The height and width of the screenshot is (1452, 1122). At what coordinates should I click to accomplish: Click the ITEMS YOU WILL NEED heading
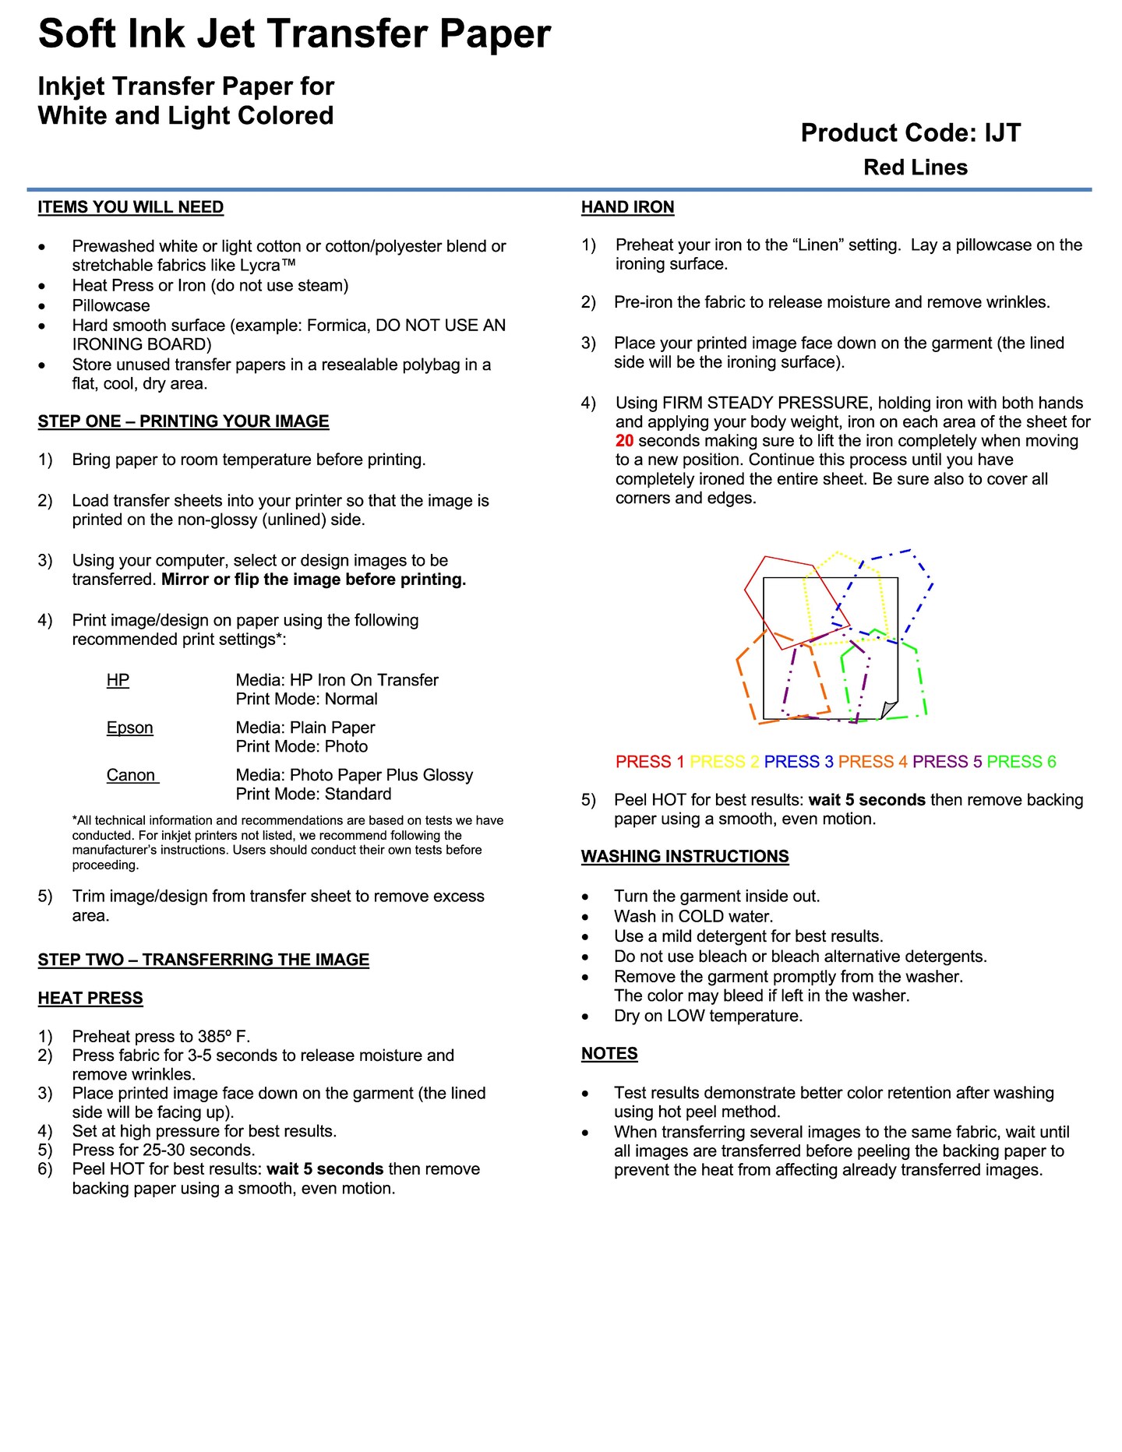(x=131, y=207)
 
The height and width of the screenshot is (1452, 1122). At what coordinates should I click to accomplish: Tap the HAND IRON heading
(x=627, y=207)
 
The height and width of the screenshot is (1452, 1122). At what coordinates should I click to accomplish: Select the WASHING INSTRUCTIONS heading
(x=685, y=856)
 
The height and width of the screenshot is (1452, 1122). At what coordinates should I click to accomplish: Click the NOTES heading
(x=609, y=1053)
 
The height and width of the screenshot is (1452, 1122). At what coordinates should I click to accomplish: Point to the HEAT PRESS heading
(x=90, y=998)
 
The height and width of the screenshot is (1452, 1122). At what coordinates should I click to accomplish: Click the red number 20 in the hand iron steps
(x=624, y=441)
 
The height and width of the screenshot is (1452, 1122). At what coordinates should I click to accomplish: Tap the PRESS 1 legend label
(x=650, y=762)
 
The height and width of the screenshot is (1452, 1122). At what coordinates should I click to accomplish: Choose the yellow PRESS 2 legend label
(x=724, y=762)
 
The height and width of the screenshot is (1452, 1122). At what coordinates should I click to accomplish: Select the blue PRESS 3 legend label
(x=799, y=762)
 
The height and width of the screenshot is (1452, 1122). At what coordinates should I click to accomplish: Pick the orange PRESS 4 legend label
(x=873, y=762)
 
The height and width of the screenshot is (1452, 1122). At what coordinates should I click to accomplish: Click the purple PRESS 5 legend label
(x=947, y=762)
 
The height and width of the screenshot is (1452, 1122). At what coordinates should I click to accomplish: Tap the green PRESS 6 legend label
(x=1021, y=762)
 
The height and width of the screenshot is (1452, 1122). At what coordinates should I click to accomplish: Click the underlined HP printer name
(x=118, y=680)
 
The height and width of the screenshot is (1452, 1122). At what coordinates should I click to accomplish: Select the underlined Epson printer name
(x=130, y=728)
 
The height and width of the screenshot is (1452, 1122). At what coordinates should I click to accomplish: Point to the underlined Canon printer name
(x=131, y=775)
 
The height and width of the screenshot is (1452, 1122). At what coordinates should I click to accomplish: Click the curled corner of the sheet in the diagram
(x=888, y=710)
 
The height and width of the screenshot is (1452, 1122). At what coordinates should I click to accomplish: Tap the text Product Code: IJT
(x=910, y=133)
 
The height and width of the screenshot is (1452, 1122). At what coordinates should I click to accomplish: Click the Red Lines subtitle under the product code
(x=916, y=167)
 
